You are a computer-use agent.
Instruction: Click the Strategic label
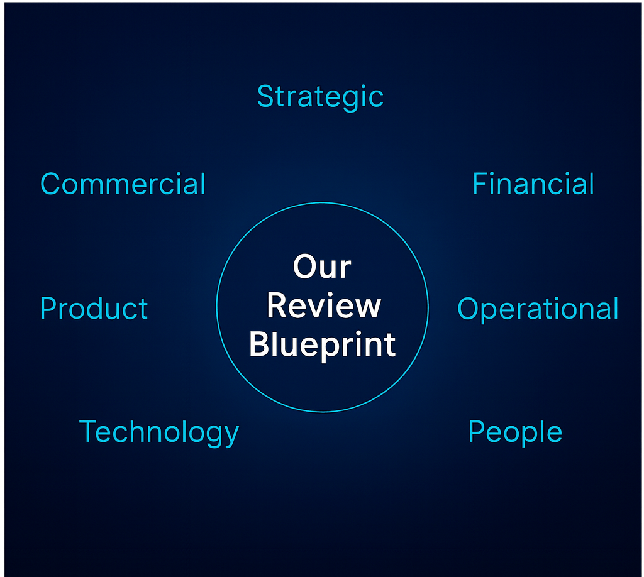tap(320, 97)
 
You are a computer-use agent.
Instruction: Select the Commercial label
tap(123, 184)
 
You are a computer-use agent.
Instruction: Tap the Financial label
tap(533, 184)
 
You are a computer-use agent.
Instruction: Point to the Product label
tap(94, 309)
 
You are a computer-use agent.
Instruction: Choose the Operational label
tap(538, 309)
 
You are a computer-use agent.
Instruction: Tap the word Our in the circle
tap(321, 267)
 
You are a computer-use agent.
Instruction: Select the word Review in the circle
tap(323, 306)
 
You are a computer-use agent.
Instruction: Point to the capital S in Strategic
tap(265, 97)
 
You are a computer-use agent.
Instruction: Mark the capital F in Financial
tap(479, 184)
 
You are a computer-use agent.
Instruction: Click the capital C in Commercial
tap(50, 184)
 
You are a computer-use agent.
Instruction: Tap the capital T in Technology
tap(88, 432)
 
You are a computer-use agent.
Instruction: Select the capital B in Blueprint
tap(258, 344)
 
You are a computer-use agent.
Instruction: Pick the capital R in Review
tap(276, 306)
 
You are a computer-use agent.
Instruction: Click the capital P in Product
tap(48, 309)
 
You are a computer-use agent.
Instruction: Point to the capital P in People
tap(477, 432)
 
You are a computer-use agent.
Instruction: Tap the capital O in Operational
tap(468, 309)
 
